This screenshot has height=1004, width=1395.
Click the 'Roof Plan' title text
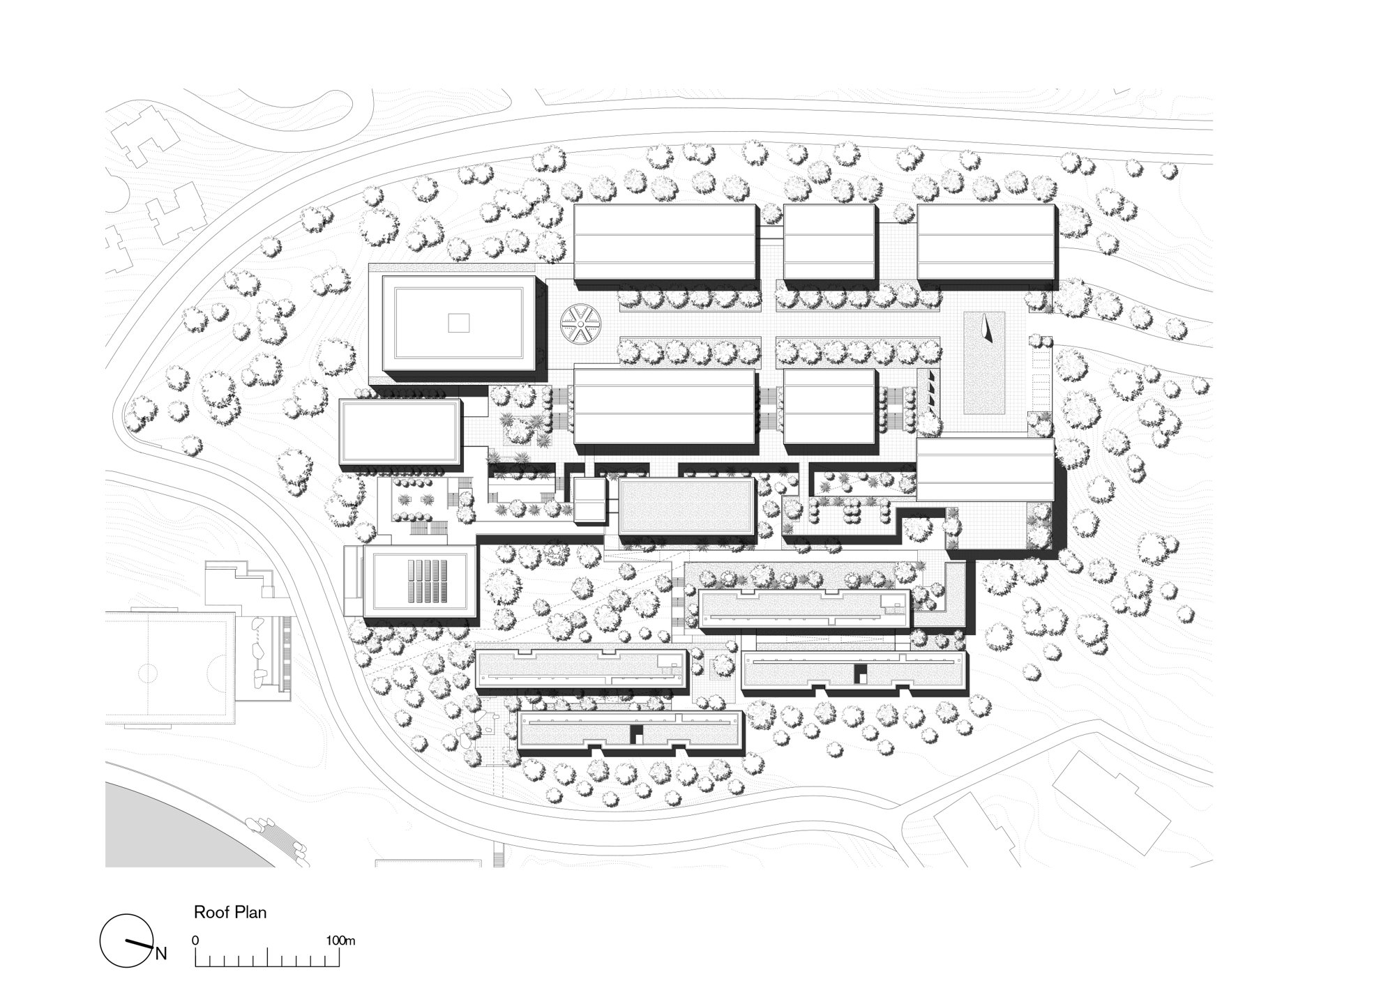tap(230, 913)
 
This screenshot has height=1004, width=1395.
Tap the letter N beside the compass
tap(161, 954)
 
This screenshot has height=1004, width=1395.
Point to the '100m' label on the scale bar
tap(340, 941)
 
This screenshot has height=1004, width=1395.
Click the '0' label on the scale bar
tap(195, 941)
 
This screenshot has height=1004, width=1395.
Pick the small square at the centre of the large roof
tap(459, 323)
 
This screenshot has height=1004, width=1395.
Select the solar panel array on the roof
tap(428, 582)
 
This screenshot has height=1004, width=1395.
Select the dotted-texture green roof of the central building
tap(686, 506)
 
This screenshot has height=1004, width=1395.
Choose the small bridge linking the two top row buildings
tap(770, 234)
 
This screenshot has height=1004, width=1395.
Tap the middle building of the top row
tap(829, 241)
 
